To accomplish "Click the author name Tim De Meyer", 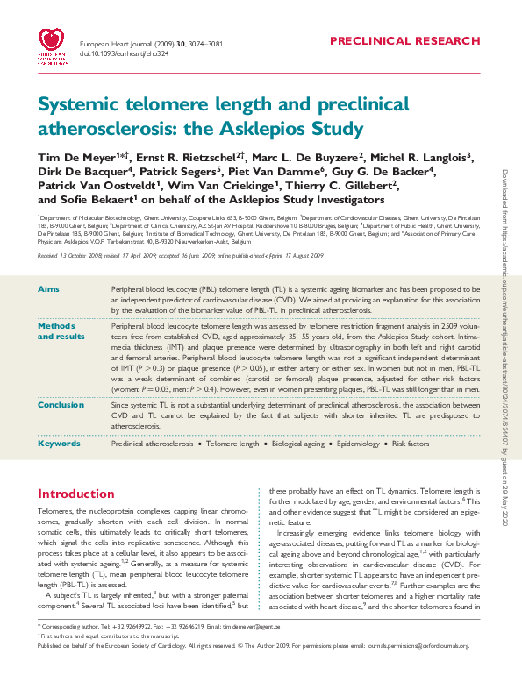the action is pyautogui.click(x=74, y=158).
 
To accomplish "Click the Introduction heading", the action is pyautogui.click(x=76, y=494).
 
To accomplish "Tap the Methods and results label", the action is pyautogui.click(x=61, y=330).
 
